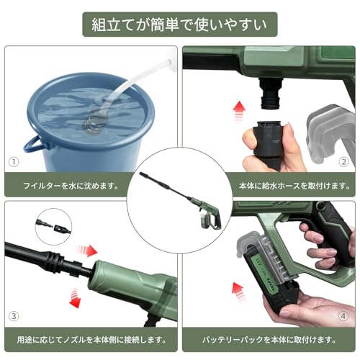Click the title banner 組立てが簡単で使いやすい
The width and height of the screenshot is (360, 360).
[x=179, y=24]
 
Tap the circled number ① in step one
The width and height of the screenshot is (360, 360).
[x=14, y=163]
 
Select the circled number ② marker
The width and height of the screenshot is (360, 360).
[x=344, y=163]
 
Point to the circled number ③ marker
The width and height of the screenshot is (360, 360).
[x=14, y=315]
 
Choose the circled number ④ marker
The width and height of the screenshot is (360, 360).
[x=344, y=315]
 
